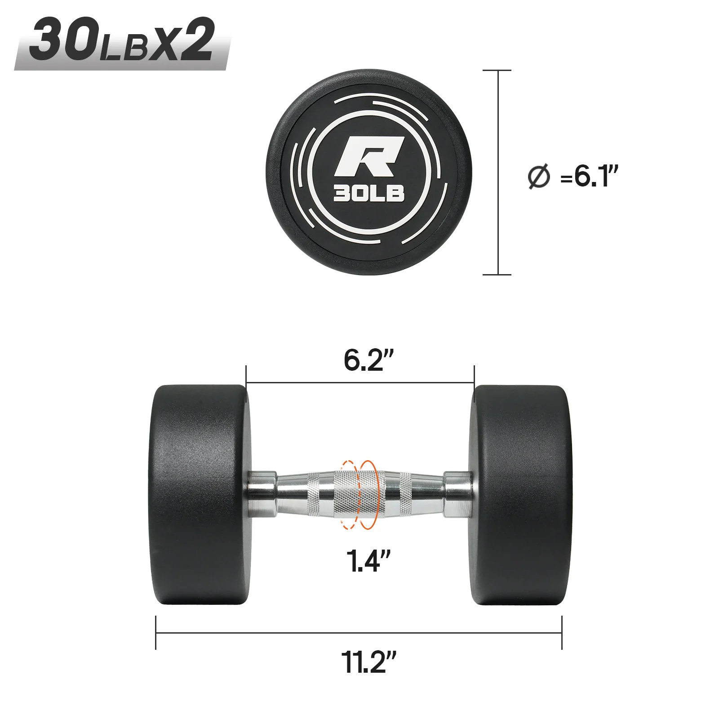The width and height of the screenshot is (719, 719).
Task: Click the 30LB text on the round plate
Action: [368, 193]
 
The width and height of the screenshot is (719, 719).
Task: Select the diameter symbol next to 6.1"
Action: [539, 177]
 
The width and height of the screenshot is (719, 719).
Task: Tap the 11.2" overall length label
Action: [368, 662]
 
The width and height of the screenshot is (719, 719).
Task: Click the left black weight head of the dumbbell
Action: [198, 494]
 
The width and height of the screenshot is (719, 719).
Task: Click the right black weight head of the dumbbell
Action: [521, 494]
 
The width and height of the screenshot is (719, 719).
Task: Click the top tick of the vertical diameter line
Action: [497, 71]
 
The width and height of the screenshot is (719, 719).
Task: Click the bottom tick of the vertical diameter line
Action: [497, 274]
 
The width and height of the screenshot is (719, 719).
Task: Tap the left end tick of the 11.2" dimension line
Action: [156, 633]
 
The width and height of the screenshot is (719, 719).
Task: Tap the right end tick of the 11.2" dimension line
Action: [562, 633]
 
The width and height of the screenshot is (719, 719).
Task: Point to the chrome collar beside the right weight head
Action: [457, 494]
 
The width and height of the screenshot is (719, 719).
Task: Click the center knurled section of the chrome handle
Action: [359, 494]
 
